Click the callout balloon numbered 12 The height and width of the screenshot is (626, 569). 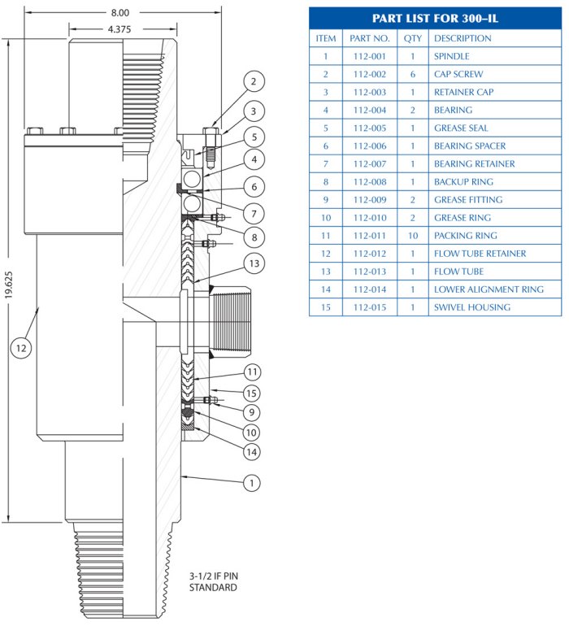point(21,347)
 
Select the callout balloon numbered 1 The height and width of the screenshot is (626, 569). point(252,483)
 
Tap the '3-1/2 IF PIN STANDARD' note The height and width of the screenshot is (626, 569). point(214,581)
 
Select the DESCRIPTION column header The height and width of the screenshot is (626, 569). point(463,38)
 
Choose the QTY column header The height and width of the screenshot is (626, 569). point(413,38)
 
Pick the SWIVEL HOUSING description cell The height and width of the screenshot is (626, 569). point(471,307)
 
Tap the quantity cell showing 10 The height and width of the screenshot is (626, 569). point(413,236)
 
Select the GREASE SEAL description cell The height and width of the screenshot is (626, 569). point(461,128)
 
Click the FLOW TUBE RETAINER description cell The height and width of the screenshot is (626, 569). point(480,254)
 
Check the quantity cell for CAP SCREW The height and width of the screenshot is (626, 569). point(413,74)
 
